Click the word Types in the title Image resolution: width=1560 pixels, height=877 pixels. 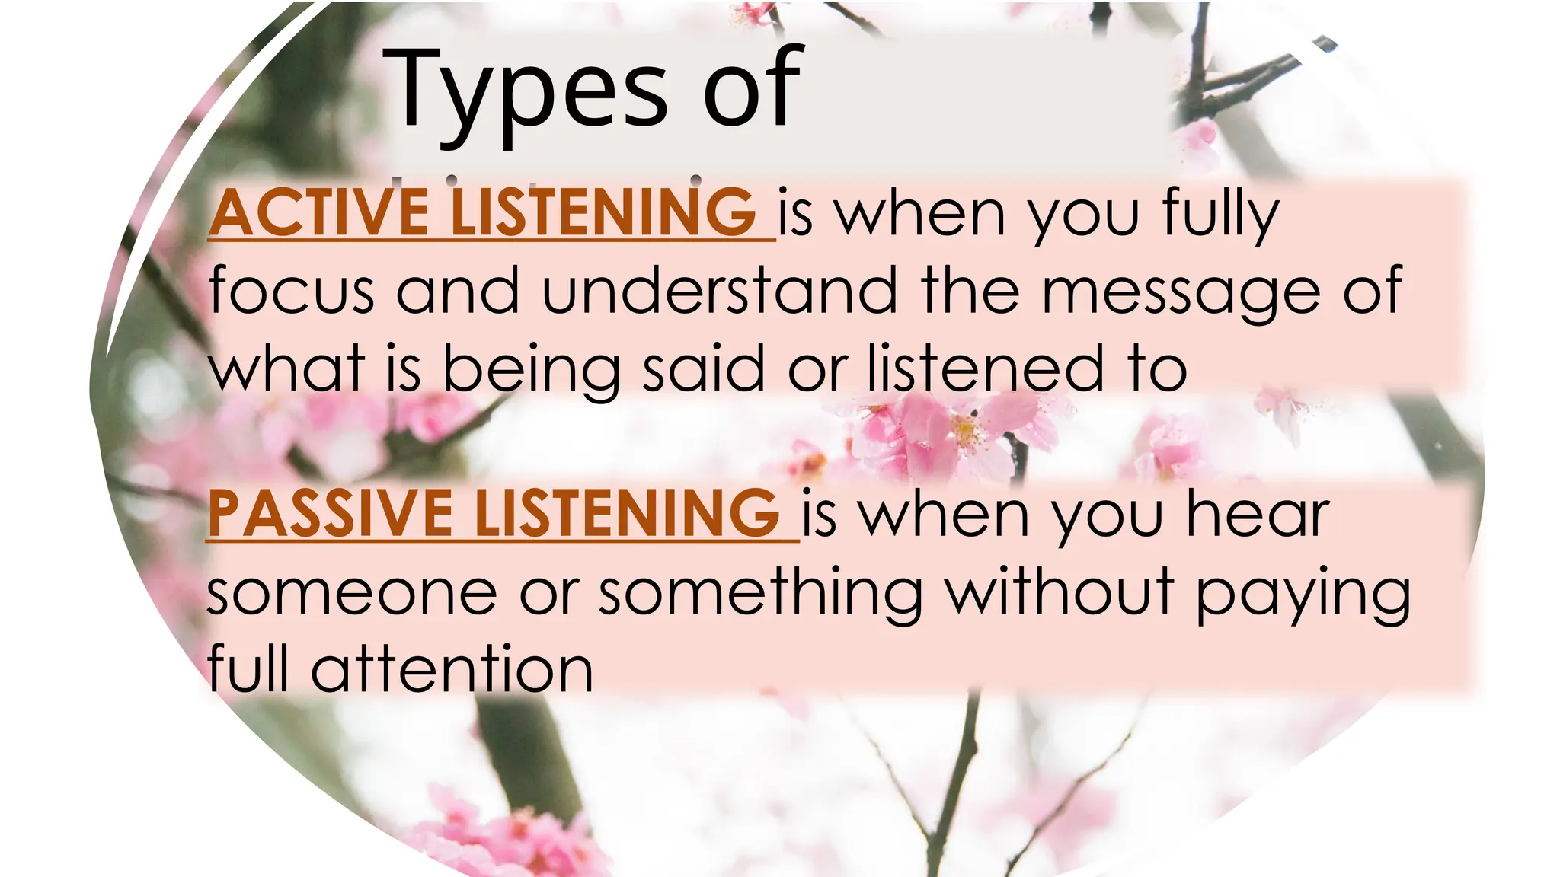click(525, 90)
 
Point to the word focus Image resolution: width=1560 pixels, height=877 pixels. click(291, 290)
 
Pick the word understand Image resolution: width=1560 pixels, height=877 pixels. click(720, 290)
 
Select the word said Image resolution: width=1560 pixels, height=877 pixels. click(703, 368)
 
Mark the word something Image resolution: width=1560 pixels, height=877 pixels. click(760, 595)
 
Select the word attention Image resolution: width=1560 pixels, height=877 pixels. click(452, 669)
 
